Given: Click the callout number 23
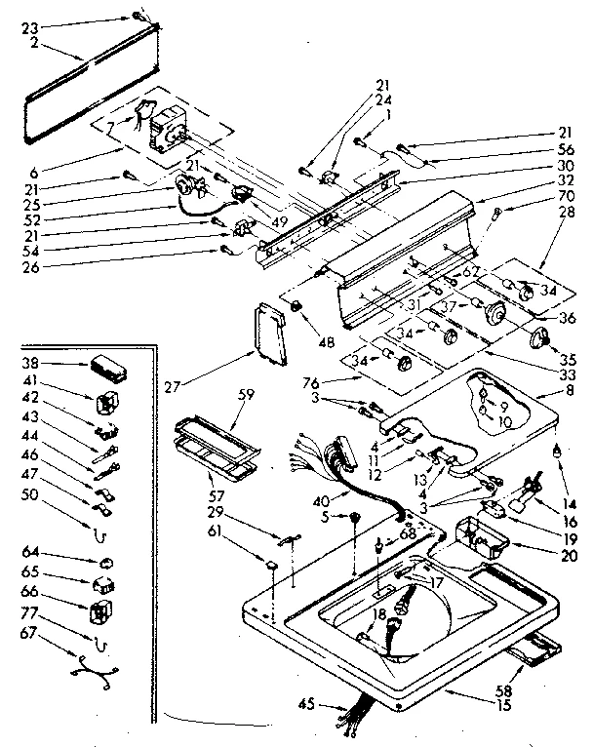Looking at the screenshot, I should tap(28, 28).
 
